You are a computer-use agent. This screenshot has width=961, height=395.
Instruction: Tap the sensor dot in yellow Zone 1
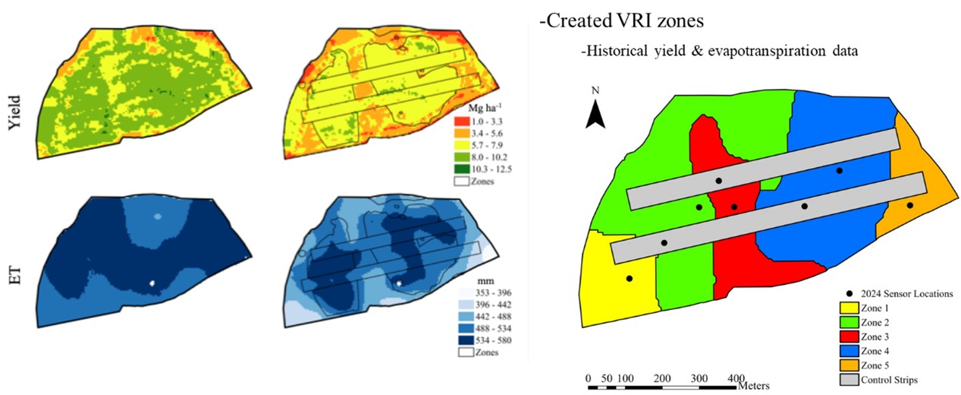(629, 279)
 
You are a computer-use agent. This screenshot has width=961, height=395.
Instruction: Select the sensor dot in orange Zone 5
(909, 205)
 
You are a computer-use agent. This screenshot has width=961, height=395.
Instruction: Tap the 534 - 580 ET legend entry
(485, 340)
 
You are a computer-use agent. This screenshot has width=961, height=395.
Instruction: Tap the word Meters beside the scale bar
(758, 385)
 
